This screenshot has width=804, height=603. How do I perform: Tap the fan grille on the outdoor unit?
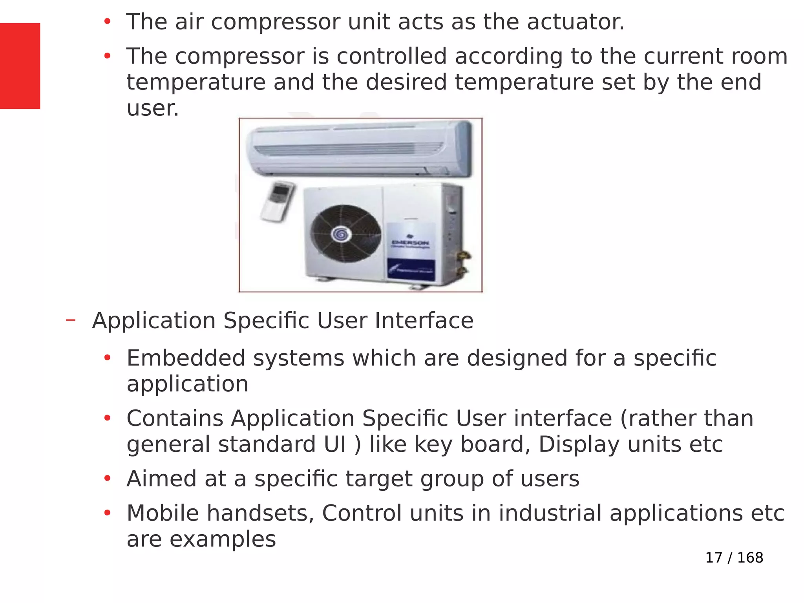point(345,234)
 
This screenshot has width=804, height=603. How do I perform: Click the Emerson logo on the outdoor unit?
point(411,242)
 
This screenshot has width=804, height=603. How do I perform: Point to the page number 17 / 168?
point(734,557)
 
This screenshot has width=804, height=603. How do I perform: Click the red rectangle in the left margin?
point(20,66)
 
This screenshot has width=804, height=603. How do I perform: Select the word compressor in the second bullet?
point(239,57)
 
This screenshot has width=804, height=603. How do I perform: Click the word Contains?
point(175,418)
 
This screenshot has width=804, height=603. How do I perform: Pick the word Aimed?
point(157,479)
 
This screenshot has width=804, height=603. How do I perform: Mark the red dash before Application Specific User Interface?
point(71,320)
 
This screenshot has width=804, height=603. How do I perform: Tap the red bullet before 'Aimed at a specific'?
point(107,479)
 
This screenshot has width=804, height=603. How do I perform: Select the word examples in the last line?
point(223,539)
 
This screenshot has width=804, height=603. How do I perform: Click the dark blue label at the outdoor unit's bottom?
point(411,270)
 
